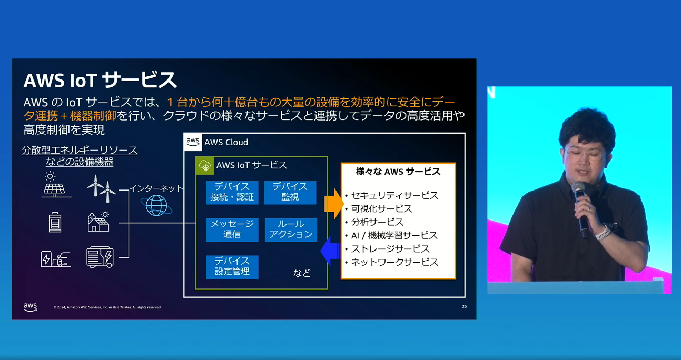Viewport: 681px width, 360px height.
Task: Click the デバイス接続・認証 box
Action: click(x=232, y=193)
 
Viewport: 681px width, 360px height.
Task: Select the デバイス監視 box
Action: click(x=290, y=193)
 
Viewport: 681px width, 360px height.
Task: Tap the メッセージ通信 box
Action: click(x=232, y=229)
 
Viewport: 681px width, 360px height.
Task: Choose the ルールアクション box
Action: click(x=291, y=229)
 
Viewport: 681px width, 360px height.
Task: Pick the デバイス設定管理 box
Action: click(x=232, y=267)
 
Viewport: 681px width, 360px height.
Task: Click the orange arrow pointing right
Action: click(x=333, y=204)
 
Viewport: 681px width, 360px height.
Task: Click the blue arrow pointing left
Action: click(x=330, y=251)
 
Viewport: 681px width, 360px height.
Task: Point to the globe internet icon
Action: click(x=156, y=206)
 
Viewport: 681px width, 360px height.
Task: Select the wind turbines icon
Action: click(x=102, y=188)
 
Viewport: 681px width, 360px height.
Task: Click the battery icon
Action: click(x=55, y=222)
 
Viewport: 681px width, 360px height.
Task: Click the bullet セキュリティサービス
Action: click(x=392, y=195)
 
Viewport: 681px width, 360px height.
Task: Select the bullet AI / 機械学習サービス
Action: click(x=391, y=235)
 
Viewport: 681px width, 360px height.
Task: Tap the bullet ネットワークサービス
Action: click(x=392, y=262)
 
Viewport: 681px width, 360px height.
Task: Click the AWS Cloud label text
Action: click(x=226, y=142)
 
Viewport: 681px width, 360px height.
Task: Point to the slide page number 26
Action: click(x=464, y=306)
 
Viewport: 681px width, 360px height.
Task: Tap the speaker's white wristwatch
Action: click(x=603, y=233)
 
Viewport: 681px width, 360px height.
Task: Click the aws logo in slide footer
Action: click(x=31, y=307)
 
